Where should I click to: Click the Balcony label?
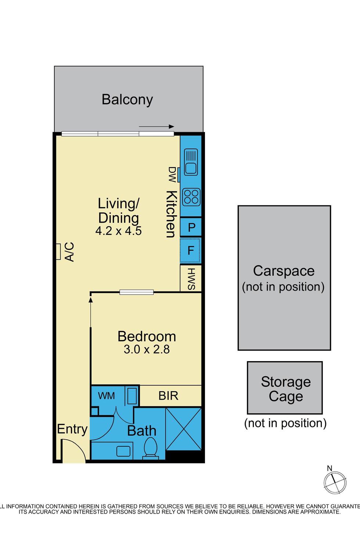(127, 100)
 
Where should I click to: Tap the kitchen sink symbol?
(191, 162)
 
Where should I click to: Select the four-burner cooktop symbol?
(191, 197)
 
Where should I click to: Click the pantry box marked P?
(191, 227)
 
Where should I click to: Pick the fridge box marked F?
(191, 250)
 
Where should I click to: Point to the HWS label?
(191, 279)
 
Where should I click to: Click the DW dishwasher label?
(172, 174)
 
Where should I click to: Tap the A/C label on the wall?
(70, 252)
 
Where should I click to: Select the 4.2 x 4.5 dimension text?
(118, 231)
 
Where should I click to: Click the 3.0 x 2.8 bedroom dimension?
(147, 349)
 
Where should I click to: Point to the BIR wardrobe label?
(168, 396)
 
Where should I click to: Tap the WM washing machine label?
(106, 396)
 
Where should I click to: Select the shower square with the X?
(184, 429)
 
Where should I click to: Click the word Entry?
(72, 429)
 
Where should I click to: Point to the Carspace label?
(284, 271)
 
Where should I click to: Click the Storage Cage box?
(285, 388)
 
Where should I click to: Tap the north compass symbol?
(335, 482)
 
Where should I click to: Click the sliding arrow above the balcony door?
(156, 127)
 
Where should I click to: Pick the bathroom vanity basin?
(123, 451)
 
